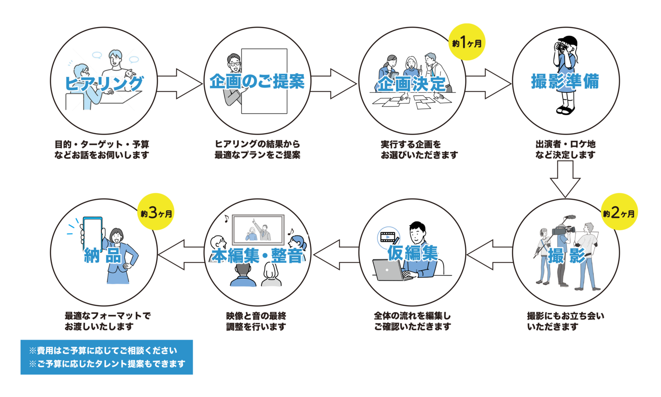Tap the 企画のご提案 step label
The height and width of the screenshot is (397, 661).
(257, 82)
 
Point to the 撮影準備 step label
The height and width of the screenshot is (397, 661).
(565, 81)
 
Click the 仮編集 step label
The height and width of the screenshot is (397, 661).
(412, 253)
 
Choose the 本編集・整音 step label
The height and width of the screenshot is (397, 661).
(257, 255)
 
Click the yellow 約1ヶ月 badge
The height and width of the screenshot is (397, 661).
(467, 43)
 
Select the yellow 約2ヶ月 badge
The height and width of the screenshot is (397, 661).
(619, 212)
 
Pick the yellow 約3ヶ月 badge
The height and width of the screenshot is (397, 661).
(157, 212)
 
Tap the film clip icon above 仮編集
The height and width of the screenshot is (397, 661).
(387, 237)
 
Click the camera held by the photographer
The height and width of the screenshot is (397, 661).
(561, 46)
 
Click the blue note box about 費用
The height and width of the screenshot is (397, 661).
(106, 357)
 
